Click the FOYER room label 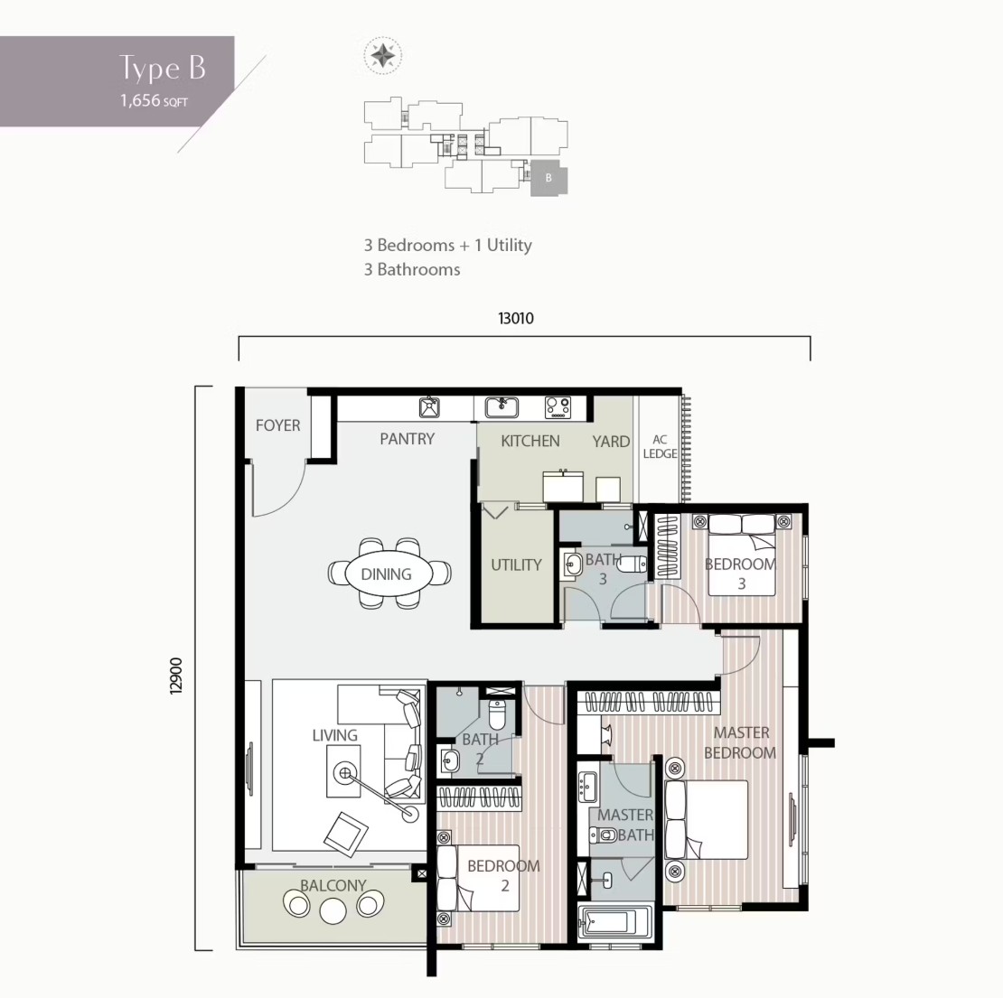[277, 425]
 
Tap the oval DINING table [387, 574]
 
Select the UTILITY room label [516, 564]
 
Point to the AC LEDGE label [660, 446]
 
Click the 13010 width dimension [516, 318]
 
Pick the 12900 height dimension [176, 676]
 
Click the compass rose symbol [382, 56]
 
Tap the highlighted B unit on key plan [548, 178]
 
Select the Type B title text [163, 69]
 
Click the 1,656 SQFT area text [155, 100]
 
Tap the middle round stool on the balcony [333, 910]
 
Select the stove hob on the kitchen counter [558, 407]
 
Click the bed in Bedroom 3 [742, 555]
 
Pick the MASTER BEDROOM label [740, 742]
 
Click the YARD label [611, 441]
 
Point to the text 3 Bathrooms [412, 269]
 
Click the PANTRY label [407, 439]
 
